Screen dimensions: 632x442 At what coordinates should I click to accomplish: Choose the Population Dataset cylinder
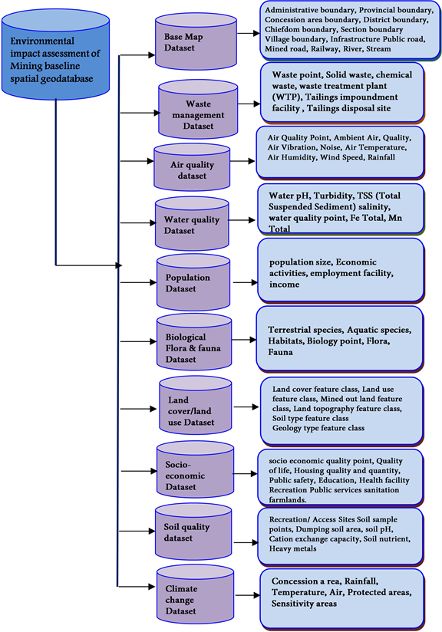(193, 281)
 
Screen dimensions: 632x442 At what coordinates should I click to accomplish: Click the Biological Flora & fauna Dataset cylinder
(193, 343)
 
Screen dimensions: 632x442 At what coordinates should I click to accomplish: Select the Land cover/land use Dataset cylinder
(195, 407)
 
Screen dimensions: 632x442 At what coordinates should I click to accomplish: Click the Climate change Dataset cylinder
(193, 594)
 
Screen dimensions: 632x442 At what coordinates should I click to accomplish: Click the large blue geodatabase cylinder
(55, 58)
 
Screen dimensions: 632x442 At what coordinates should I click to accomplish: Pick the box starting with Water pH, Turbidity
(340, 208)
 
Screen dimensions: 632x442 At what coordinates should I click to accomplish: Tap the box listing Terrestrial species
(340, 337)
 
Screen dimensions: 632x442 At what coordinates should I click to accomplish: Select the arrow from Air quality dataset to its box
(242, 162)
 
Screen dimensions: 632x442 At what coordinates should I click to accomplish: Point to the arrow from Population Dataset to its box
(245, 282)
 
